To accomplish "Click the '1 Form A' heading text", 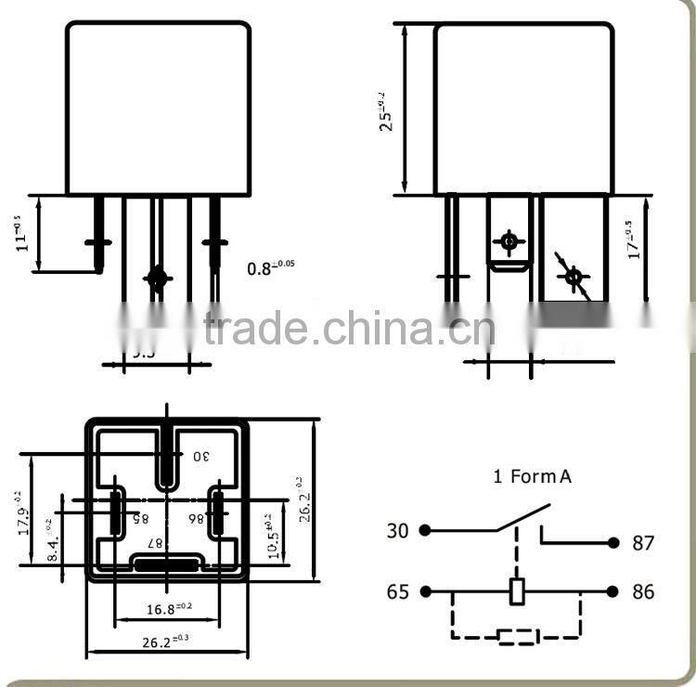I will (x=532, y=477).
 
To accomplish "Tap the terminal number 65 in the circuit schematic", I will (x=397, y=591).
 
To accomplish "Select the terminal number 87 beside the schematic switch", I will (x=643, y=543).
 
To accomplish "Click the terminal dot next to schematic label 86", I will (x=612, y=591).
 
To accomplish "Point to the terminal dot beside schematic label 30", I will (x=424, y=530).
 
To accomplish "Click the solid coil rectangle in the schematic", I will (x=519, y=591).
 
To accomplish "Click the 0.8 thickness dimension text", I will (x=270, y=268).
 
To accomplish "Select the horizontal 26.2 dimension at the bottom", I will (x=167, y=641).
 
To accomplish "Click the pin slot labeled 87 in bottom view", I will (x=167, y=563).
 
